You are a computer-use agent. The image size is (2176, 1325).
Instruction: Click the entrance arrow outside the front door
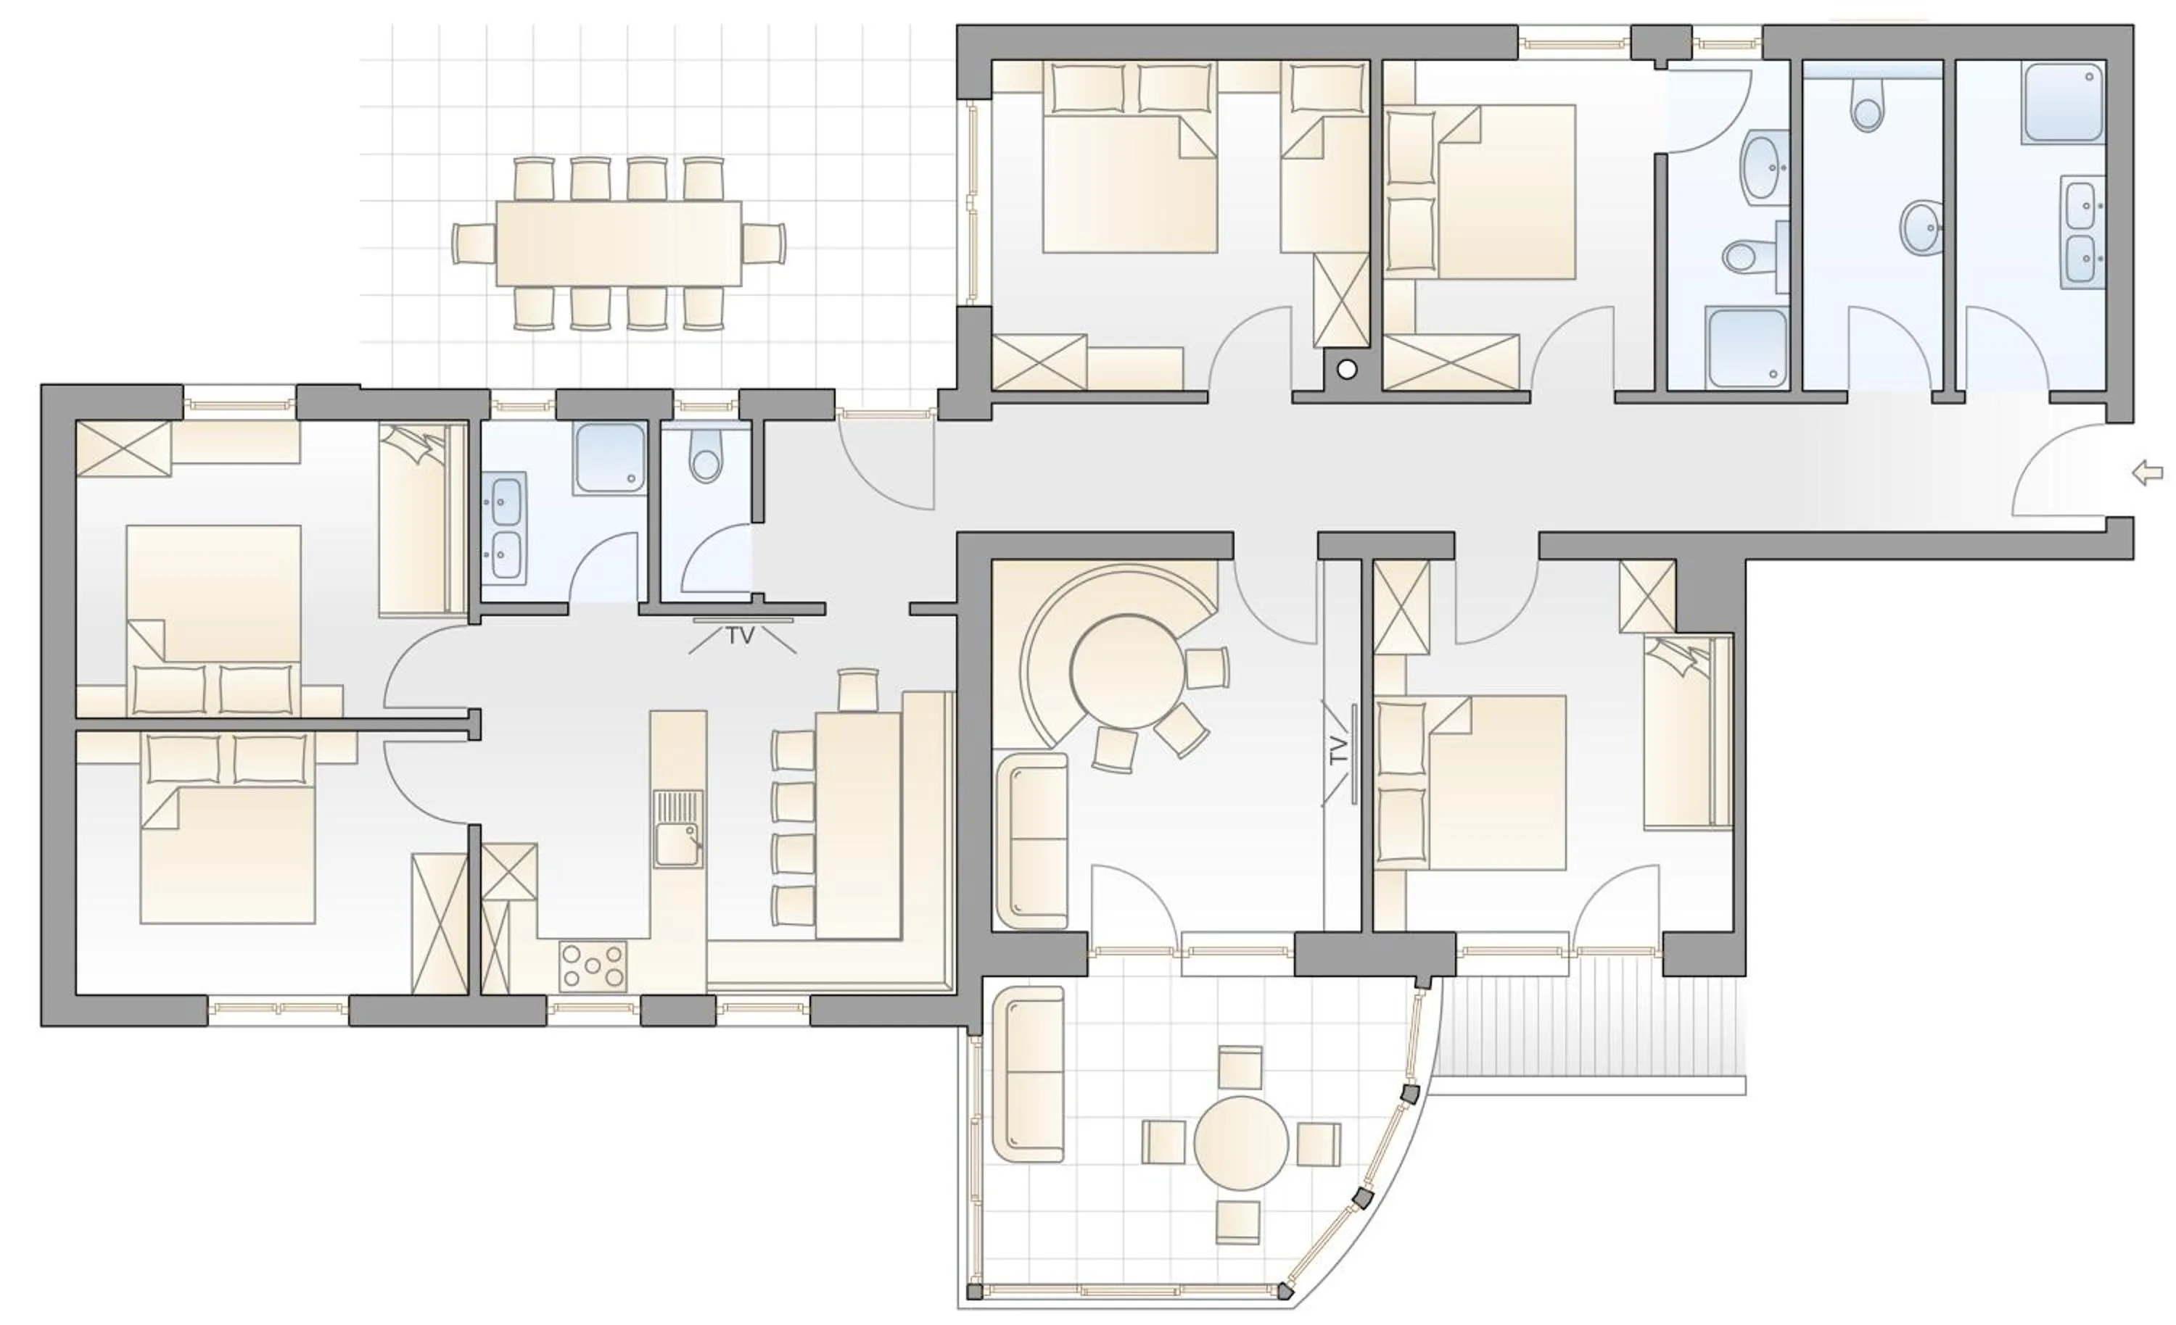coord(2148,474)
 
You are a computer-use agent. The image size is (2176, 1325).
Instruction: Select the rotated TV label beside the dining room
coord(1339,751)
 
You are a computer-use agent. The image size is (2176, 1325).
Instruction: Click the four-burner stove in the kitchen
coord(593,965)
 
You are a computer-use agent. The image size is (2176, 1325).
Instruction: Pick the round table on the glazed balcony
coord(1241,1143)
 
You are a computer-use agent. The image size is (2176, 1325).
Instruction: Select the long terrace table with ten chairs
coord(618,243)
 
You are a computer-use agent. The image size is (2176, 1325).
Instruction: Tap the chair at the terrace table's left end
coord(474,243)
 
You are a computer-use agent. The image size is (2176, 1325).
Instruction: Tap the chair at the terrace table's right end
coord(764,243)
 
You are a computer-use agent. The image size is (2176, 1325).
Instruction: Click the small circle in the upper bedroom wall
coord(1346,370)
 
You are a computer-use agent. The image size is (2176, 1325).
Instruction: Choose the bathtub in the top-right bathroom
coord(2064,101)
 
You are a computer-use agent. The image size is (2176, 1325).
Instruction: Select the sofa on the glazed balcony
coord(1029,1074)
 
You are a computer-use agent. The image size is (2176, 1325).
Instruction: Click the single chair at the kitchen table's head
coord(857,689)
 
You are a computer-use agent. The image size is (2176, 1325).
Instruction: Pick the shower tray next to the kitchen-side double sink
coord(610,458)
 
